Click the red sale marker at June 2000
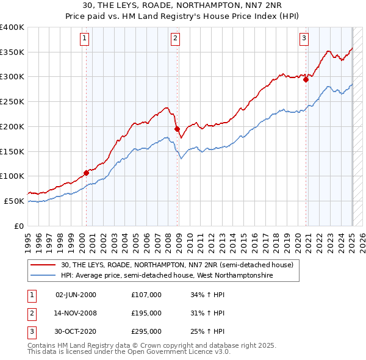86,173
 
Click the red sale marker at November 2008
177,129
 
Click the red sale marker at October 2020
306,79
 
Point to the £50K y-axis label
14,201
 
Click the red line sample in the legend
43,265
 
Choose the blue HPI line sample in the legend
43,276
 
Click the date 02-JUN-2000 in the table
76,295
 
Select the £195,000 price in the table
146,313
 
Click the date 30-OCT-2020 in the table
76,331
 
